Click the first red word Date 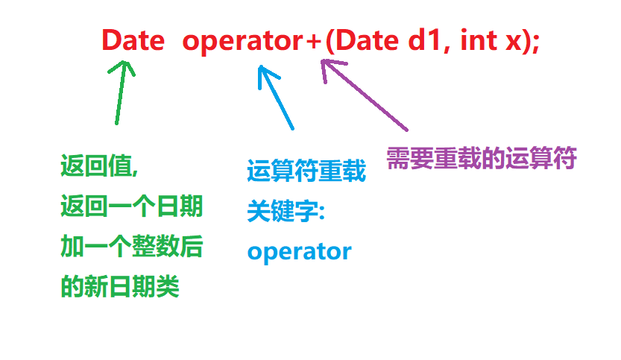[133, 40]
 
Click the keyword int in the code [478, 40]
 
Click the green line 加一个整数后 [131, 247]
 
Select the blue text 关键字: [286, 212]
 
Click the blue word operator [299, 252]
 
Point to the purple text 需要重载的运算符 [482, 158]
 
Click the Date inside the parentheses [365, 40]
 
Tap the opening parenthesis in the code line [330, 42]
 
